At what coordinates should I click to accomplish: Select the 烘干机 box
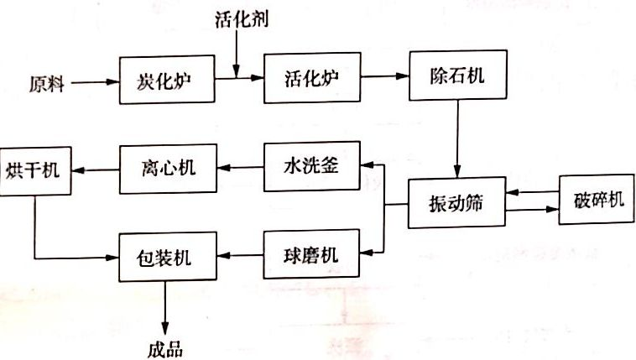[x=34, y=173]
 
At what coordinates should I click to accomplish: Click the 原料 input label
[x=47, y=83]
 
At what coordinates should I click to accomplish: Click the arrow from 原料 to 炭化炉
[x=93, y=82]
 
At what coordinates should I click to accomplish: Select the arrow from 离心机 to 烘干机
[x=95, y=169]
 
